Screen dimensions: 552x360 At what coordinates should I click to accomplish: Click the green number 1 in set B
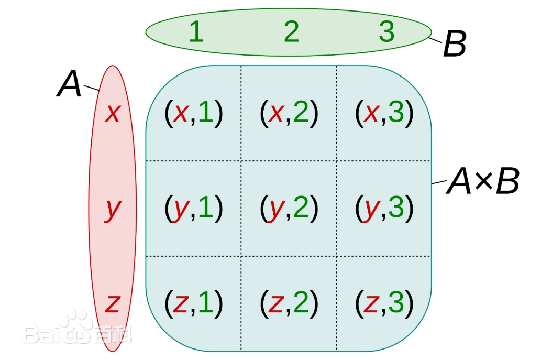pyautogui.click(x=196, y=31)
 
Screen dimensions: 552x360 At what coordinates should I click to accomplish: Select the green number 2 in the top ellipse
pyautogui.click(x=292, y=31)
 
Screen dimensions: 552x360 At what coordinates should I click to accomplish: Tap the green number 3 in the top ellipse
pyautogui.click(x=387, y=31)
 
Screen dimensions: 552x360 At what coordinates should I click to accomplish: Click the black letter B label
pyautogui.click(x=455, y=43)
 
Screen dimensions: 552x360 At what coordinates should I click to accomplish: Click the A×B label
pyautogui.click(x=483, y=181)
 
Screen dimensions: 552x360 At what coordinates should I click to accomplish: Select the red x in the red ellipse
pyautogui.click(x=113, y=113)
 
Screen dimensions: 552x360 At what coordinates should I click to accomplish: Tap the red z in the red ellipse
pyautogui.click(x=113, y=303)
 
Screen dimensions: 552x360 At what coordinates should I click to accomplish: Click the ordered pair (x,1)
pyautogui.click(x=194, y=113)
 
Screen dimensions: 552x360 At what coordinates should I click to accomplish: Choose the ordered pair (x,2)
pyautogui.click(x=289, y=113)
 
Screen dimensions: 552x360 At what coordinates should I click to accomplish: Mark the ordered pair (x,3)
pyautogui.click(x=384, y=113)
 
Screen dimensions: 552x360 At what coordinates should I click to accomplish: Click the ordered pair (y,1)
pyautogui.click(x=194, y=208)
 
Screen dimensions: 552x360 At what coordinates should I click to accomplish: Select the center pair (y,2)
pyautogui.click(x=289, y=208)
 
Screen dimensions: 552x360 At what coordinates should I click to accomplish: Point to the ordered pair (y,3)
pyautogui.click(x=384, y=208)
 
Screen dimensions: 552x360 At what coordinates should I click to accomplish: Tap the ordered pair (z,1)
pyautogui.click(x=194, y=303)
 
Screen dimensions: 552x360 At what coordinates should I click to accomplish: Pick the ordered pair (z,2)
pyautogui.click(x=289, y=303)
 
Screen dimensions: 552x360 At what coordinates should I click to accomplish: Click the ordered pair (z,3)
pyautogui.click(x=384, y=303)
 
